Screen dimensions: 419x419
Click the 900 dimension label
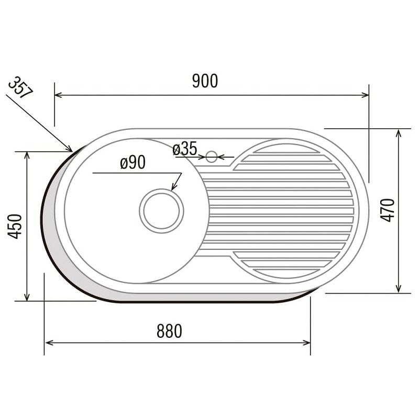click(x=205, y=81)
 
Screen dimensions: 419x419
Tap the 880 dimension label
click(x=169, y=331)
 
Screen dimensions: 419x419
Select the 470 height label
click(x=387, y=211)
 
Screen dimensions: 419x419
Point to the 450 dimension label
click(x=15, y=226)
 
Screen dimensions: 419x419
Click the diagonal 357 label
click(x=20, y=87)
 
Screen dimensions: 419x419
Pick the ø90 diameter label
click(x=133, y=162)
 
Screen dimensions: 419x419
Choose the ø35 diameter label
click(x=185, y=149)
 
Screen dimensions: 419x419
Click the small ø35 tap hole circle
click(x=212, y=157)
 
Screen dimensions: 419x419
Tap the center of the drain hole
click(x=161, y=211)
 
